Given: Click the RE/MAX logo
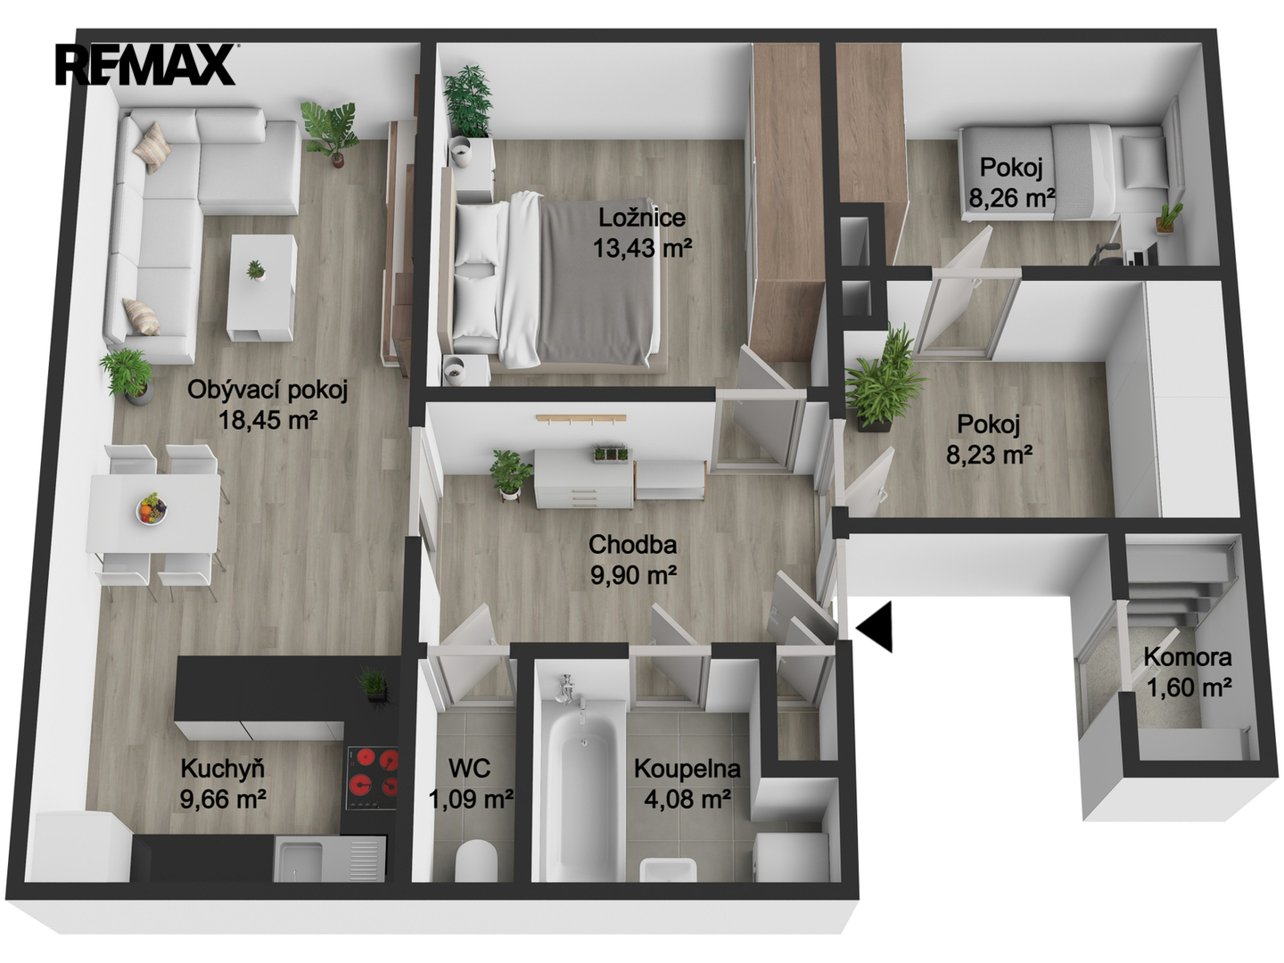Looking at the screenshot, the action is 145,64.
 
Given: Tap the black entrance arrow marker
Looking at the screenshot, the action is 875,627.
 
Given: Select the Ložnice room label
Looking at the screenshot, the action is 642,218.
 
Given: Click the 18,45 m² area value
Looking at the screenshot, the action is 268,419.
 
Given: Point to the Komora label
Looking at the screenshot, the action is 1188,657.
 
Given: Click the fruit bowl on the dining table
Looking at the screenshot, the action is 152,509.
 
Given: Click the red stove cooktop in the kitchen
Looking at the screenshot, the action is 372,778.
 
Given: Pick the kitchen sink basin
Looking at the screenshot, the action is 299,860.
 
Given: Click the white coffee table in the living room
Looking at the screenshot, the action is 261,288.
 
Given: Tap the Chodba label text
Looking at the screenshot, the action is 632,544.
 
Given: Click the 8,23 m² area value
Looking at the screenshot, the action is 989,455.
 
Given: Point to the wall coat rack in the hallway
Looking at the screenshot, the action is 580,419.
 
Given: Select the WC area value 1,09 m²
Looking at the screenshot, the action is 472,798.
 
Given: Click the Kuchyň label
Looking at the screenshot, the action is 222,769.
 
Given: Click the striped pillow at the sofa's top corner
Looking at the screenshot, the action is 152,147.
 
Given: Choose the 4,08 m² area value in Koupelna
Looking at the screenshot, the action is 687,798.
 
